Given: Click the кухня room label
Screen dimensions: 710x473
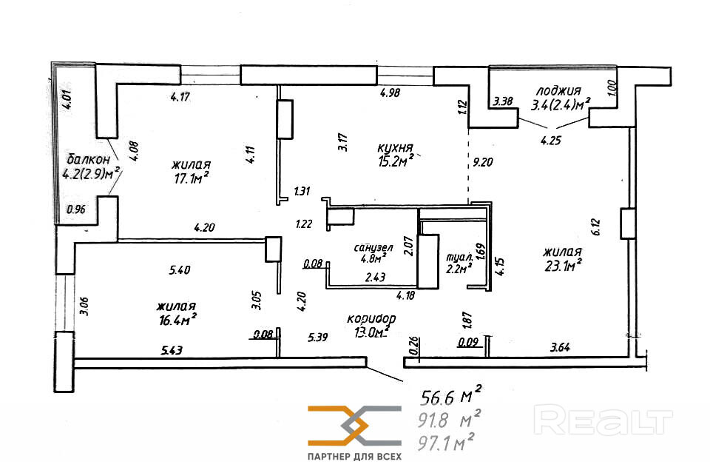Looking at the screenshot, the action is point(395,148).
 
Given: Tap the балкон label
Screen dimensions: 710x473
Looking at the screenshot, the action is point(88,159).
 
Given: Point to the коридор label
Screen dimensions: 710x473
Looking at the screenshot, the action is point(371,319).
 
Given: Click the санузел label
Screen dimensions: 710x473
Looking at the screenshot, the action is point(373,248).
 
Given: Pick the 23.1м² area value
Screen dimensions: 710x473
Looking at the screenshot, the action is point(563,266).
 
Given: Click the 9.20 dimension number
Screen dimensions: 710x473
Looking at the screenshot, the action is point(483,162).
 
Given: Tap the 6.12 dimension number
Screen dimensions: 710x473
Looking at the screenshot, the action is point(595,227).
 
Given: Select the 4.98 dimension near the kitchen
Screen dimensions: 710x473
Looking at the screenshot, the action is point(390,93).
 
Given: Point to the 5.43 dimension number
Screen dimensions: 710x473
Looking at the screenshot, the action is point(172,350).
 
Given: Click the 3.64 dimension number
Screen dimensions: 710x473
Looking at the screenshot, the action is point(560,348).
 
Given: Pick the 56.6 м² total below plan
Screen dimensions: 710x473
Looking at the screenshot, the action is point(451,397).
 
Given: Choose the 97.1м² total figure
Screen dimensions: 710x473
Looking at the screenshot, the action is point(446,442).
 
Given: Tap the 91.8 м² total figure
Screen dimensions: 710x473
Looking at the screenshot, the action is point(449,420).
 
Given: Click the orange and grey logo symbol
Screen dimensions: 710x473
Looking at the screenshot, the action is point(354,426).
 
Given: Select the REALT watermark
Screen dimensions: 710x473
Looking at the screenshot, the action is point(603,420).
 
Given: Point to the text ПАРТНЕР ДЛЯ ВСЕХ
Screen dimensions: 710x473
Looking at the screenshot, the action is point(354,456).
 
